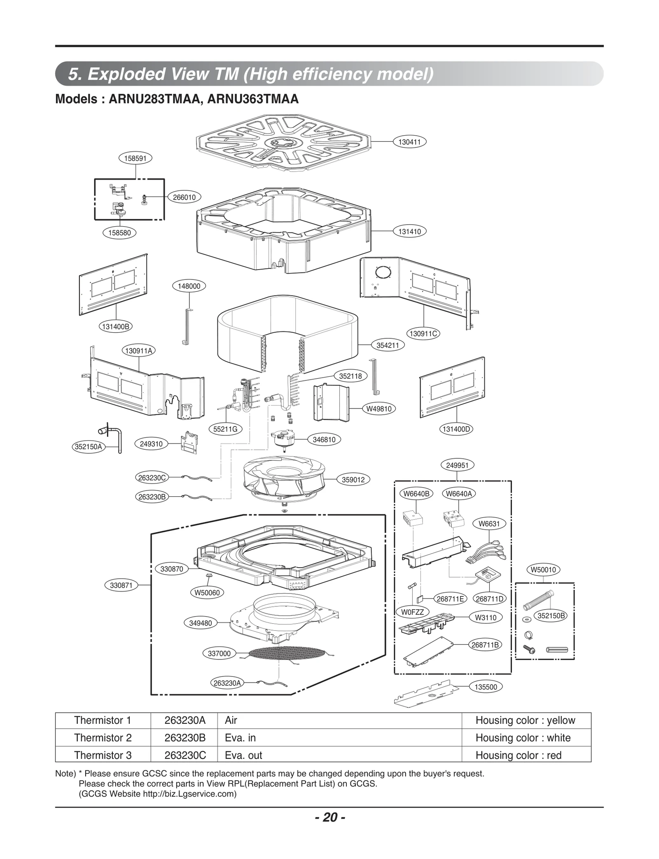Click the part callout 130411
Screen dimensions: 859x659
point(409,142)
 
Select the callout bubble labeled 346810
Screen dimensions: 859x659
point(324,440)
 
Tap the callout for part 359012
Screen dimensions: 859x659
point(353,480)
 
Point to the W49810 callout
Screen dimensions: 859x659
point(379,409)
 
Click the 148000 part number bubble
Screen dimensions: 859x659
point(189,286)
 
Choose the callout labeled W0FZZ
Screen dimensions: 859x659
point(412,612)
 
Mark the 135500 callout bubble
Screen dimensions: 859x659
point(486,687)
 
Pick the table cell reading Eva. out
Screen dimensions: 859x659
point(243,755)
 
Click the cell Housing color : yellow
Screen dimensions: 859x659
point(525,721)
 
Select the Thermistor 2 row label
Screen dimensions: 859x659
point(103,738)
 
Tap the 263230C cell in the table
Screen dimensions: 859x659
point(185,755)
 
